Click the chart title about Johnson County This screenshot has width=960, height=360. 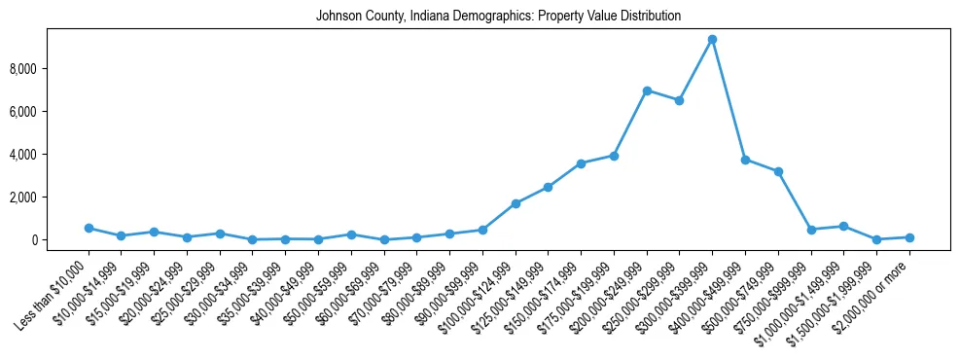[498, 17]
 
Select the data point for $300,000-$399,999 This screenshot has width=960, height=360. [712, 40]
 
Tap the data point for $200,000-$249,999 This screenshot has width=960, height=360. [647, 90]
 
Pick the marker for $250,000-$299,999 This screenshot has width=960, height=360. [679, 100]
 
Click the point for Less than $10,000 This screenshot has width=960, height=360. [89, 228]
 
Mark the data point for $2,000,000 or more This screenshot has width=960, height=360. [909, 237]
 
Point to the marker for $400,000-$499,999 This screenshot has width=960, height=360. [745, 160]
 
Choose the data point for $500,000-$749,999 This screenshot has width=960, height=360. [778, 171]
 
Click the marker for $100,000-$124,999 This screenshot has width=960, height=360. [516, 203]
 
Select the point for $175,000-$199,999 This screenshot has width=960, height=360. [614, 156]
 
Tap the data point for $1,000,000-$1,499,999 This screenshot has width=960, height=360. [843, 226]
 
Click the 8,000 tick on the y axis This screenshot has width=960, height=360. [49, 69]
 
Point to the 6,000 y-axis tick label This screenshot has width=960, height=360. [49, 112]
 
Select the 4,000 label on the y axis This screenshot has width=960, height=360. [49, 155]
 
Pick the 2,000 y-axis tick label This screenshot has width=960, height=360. [49, 198]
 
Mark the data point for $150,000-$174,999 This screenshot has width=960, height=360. [581, 163]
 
